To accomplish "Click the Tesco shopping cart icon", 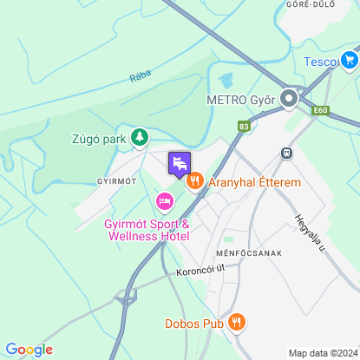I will click(350, 60).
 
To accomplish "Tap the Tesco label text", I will click(321, 62).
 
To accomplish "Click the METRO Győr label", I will click(239, 100).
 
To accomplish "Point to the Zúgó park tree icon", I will click(139, 137).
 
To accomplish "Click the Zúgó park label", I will click(99, 138).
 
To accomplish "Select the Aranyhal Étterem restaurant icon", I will click(193, 182).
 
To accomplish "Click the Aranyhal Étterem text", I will click(254, 183).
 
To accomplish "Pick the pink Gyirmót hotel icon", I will click(164, 202).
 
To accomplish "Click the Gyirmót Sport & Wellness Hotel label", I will click(146, 230).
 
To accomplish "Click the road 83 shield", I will click(244, 127).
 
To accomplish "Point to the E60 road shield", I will click(321, 111).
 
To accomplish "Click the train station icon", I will click(285, 152).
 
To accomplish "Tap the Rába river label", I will click(140, 78).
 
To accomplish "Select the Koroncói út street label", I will click(200, 270).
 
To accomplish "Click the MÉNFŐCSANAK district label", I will click(245, 252).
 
